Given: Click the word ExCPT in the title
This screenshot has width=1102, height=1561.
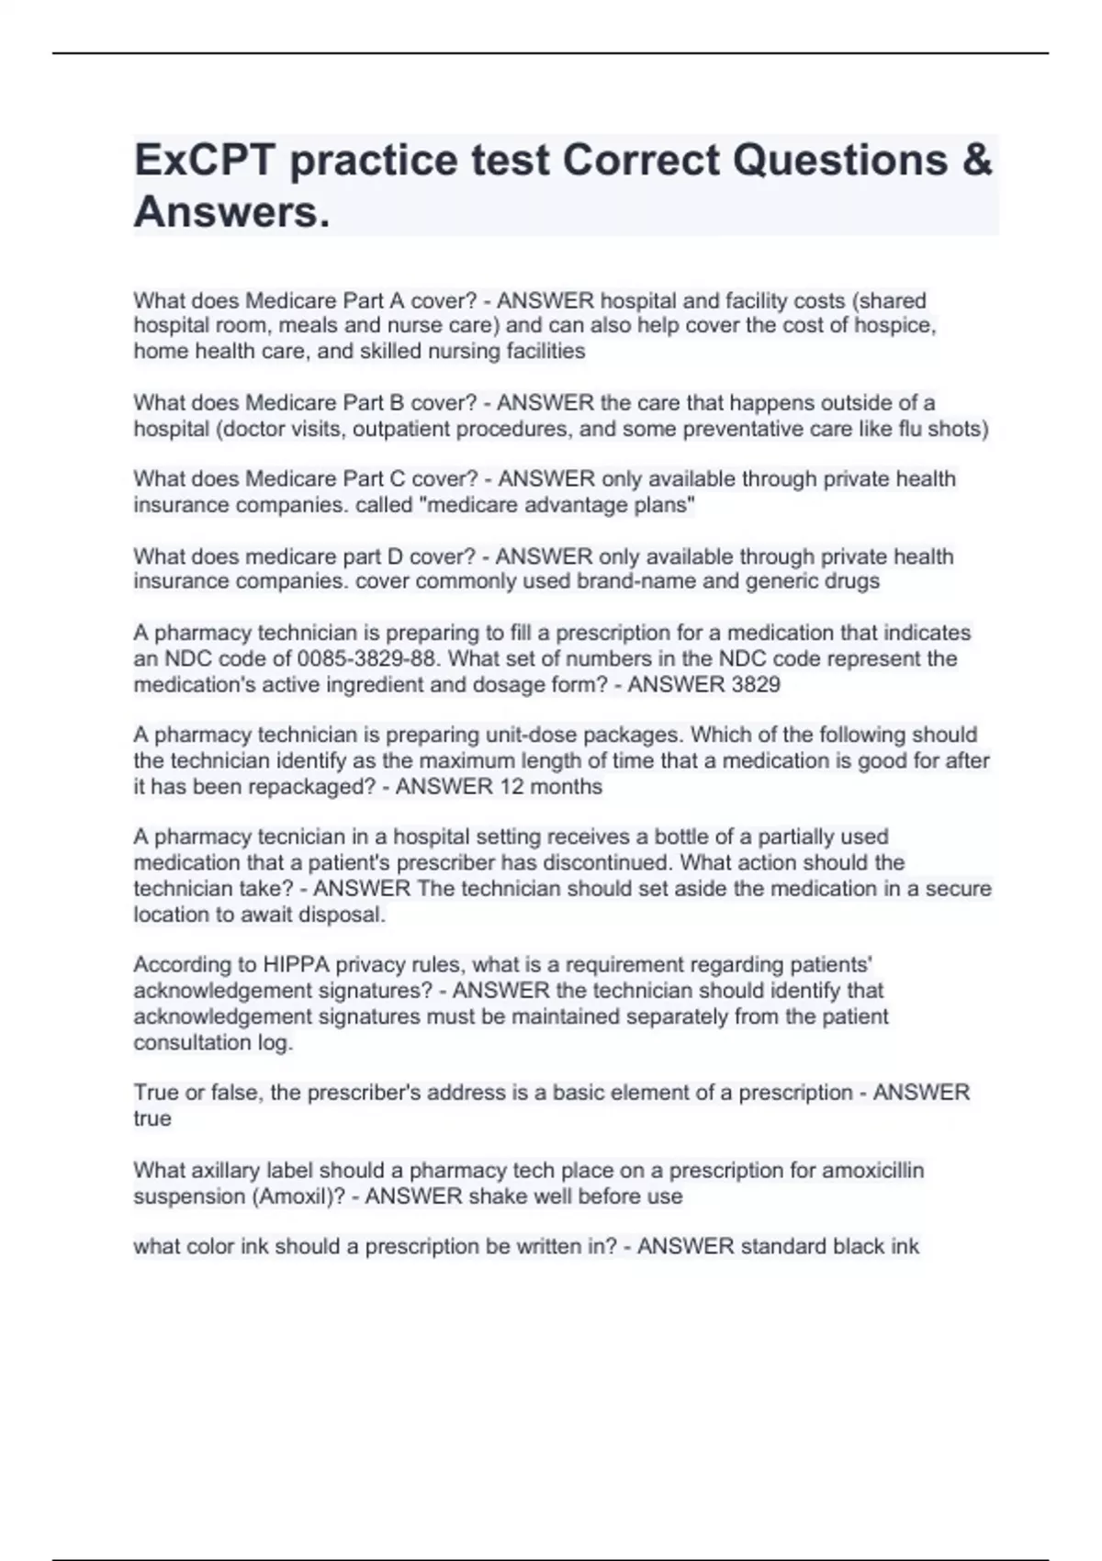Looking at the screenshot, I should coord(205,161).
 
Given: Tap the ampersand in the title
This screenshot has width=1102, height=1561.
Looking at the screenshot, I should coord(979,161).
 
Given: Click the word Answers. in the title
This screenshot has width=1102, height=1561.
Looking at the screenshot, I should coord(231,213).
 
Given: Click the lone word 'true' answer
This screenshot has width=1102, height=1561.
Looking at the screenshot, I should coord(152,1119).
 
